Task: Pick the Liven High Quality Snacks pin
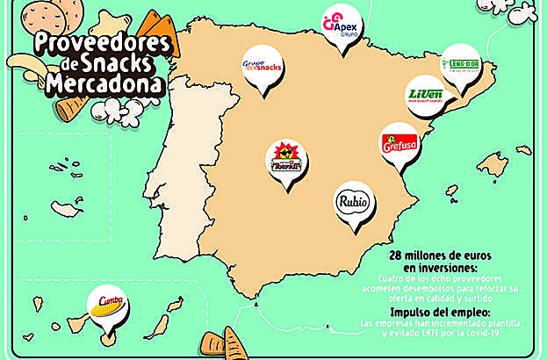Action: pos(425,96)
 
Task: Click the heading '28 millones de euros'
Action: pos(441,256)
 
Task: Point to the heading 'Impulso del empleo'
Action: pos(440,312)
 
